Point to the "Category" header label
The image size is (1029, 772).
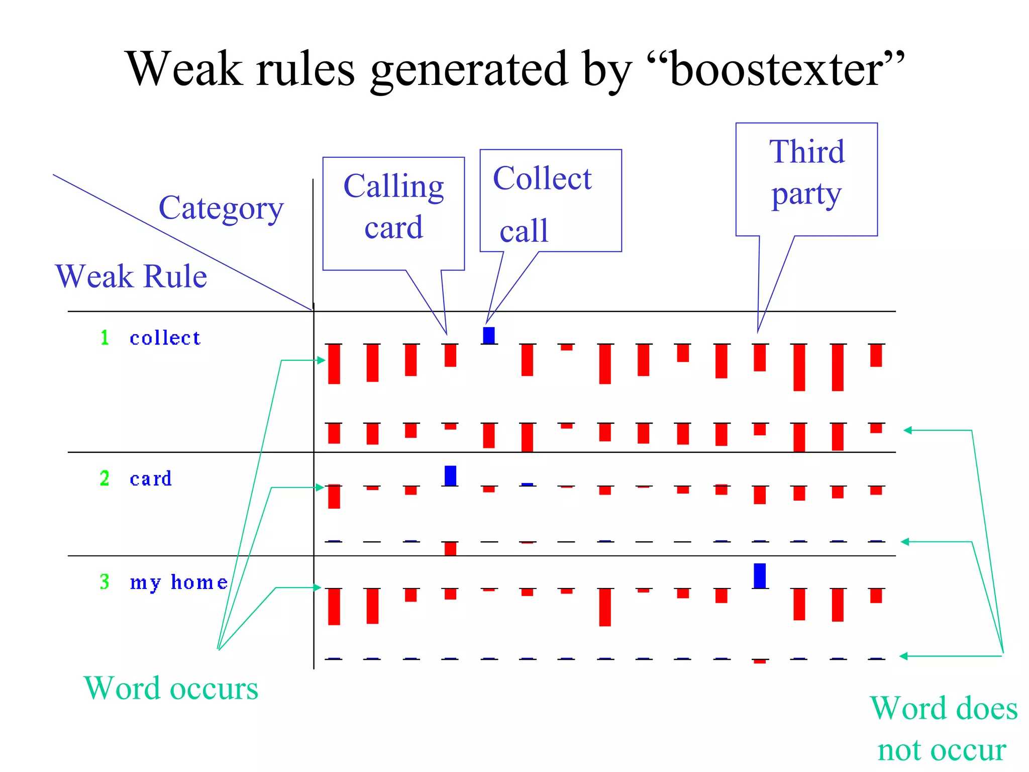click(x=221, y=208)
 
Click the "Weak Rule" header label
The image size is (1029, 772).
click(x=131, y=276)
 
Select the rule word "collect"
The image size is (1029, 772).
click(x=165, y=338)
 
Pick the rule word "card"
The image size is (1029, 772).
click(x=151, y=478)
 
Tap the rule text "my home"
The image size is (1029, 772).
click(x=178, y=582)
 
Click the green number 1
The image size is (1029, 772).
click(x=105, y=337)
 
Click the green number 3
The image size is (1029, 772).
click(x=105, y=582)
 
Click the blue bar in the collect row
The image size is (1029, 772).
click(x=488, y=335)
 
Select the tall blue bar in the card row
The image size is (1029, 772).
click(x=450, y=475)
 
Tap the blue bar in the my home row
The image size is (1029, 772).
click(x=760, y=575)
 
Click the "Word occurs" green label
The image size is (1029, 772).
click(x=171, y=688)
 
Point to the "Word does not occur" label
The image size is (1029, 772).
click(x=943, y=729)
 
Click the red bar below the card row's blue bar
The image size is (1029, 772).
click(x=450, y=548)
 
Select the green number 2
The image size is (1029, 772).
click(x=105, y=478)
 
